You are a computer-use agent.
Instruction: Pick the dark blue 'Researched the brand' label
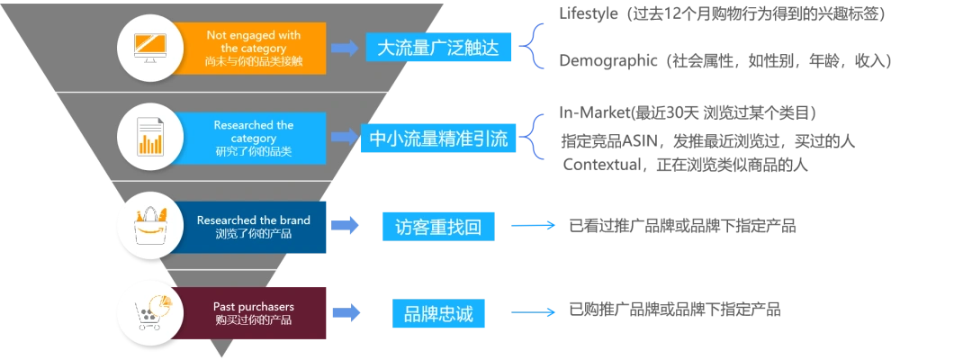click(x=253, y=227)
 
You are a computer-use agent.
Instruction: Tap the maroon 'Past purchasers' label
click(x=253, y=313)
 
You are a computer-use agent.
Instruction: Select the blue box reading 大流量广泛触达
click(x=440, y=48)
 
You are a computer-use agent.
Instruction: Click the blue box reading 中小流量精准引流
click(x=439, y=139)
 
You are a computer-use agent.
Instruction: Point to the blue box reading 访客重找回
click(x=438, y=227)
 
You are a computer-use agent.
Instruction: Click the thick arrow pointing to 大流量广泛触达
click(x=345, y=49)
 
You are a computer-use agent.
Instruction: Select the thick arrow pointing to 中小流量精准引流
click(x=344, y=138)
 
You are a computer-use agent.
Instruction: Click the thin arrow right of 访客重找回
click(x=535, y=225)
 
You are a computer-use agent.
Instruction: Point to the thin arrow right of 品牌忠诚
click(x=535, y=313)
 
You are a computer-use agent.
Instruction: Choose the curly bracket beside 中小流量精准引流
click(x=537, y=138)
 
